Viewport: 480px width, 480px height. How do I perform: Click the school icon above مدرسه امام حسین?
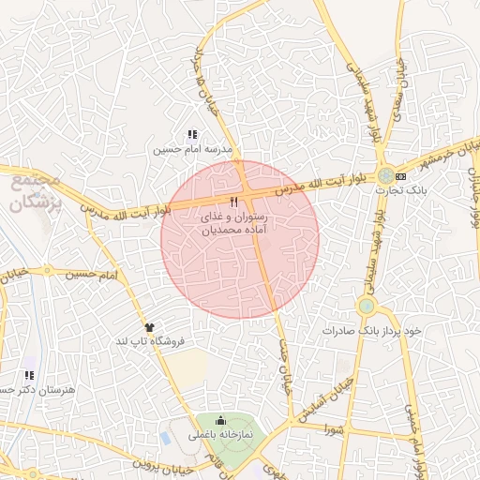point(192,135)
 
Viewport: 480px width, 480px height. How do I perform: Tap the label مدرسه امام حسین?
point(192,149)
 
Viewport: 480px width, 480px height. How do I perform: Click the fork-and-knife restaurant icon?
point(233,202)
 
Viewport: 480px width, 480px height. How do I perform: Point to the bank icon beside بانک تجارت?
point(401,176)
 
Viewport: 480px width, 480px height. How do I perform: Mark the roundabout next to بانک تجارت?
point(385,175)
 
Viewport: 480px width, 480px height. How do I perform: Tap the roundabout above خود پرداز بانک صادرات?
point(367,307)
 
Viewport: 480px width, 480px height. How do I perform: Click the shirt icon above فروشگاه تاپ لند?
point(148,326)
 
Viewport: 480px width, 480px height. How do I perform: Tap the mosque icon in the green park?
point(219,420)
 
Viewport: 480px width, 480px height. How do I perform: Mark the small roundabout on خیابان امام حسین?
point(47,271)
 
